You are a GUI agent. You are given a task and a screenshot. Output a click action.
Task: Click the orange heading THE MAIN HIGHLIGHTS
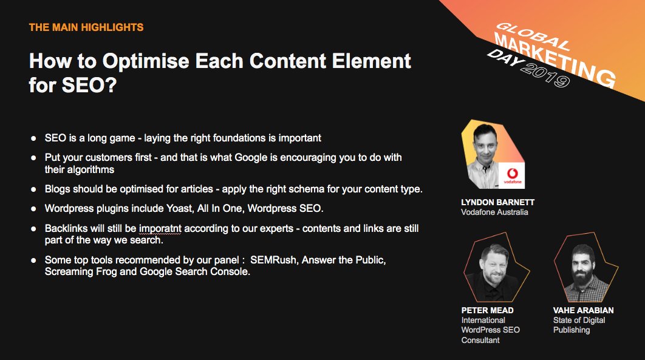point(86,27)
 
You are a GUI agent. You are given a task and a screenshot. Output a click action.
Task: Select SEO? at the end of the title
point(89,85)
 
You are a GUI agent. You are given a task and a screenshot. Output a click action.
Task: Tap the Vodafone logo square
point(512,176)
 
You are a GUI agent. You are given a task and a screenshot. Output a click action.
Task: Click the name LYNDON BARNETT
point(498,202)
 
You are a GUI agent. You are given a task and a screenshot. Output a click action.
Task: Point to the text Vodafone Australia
point(494,212)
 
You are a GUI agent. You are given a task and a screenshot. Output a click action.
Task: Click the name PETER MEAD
point(487,310)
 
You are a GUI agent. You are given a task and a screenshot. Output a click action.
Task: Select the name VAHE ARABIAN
point(583,310)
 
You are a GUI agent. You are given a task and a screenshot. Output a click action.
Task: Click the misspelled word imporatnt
point(160,229)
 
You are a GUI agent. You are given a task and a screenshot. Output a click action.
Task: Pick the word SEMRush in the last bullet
point(273,260)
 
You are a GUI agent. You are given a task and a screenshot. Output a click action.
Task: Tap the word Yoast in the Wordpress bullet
point(179,208)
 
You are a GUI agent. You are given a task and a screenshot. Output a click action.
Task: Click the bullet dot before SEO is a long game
point(34,138)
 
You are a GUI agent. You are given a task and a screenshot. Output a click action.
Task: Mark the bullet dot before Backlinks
point(34,229)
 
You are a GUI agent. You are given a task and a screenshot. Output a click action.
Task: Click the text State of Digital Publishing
point(579,325)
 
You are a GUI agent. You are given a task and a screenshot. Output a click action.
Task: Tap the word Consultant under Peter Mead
point(480,340)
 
